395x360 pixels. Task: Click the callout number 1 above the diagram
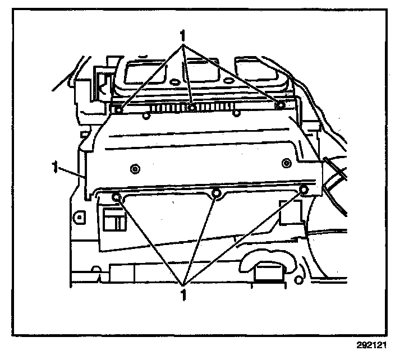coord(182,34)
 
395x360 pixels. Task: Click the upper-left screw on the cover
coord(118,109)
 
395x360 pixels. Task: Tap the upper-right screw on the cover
coord(279,104)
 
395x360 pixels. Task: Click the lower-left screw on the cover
coord(116,197)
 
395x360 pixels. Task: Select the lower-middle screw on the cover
coord(217,194)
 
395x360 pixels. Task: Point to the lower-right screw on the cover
coord(304,190)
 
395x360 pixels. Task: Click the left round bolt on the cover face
coord(134,168)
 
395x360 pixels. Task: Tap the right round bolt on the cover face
coord(286,164)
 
